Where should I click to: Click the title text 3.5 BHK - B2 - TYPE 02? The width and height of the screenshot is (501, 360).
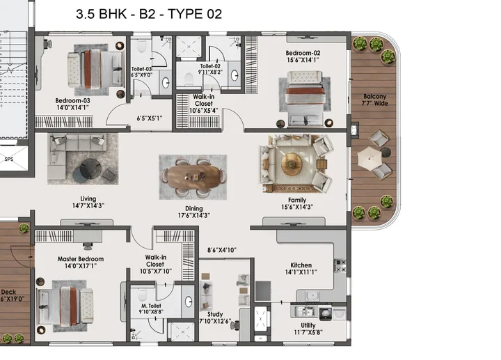pyautogui.click(x=148, y=14)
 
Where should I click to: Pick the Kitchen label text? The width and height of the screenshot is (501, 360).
pyautogui.click(x=301, y=265)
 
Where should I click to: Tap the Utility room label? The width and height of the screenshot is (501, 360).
pyautogui.click(x=308, y=325)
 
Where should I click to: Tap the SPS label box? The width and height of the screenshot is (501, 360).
pyautogui.click(x=9, y=159)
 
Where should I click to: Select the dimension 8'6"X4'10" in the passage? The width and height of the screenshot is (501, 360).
pyautogui.click(x=222, y=250)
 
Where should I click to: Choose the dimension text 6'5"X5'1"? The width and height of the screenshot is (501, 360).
pyautogui.click(x=148, y=118)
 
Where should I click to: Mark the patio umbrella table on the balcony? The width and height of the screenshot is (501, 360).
pyautogui.click(x=375, y=159)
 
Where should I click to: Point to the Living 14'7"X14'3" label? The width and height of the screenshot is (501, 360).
pyautogui.click(x=88, y=202)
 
